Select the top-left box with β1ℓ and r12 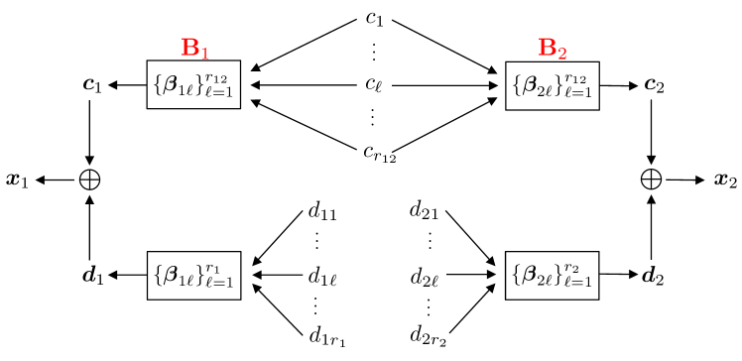click(x=194, y=85)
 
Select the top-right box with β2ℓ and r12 click(x=553, y=85)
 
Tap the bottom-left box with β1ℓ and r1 click(x=194, y=276)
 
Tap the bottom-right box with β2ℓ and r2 click(x=553, y=276)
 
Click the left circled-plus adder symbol click(x=90, y=180)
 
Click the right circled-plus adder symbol click(x=651, y=180)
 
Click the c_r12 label click(x=376, y=153)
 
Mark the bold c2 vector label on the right click(x=653, y=86)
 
